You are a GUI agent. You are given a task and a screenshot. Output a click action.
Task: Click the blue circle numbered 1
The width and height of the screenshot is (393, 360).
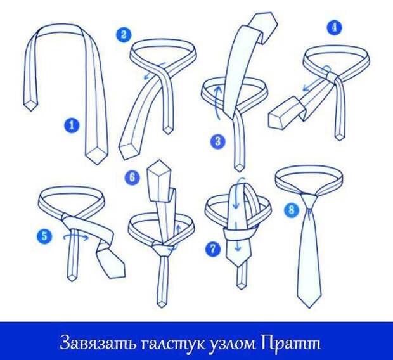click(72, 125)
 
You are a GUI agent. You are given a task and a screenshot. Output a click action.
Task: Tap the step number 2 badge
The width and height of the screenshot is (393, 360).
click(124, 34)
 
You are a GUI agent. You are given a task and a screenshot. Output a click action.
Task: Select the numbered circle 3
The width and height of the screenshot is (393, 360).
click(217, 141)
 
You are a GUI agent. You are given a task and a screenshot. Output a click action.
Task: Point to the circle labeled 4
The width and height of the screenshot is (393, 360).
click(334, 27)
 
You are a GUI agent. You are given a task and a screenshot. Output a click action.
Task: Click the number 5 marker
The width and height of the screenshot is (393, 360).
click(44, 236)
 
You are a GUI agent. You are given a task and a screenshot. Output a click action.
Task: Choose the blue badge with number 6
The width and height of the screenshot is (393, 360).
click(132, 177)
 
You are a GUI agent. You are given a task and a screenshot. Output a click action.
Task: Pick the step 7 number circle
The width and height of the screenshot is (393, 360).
click(212, 250)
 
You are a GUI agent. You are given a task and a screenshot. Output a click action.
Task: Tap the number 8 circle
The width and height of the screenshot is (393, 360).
click(291, 209)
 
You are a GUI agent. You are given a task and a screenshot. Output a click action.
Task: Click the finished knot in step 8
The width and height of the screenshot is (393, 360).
click(309, 199)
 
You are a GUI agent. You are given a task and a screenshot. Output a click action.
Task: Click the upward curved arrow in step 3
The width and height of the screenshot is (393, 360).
click(218, 102)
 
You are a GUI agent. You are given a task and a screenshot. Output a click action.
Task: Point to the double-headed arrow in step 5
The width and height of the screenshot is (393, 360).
click(75, 237)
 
